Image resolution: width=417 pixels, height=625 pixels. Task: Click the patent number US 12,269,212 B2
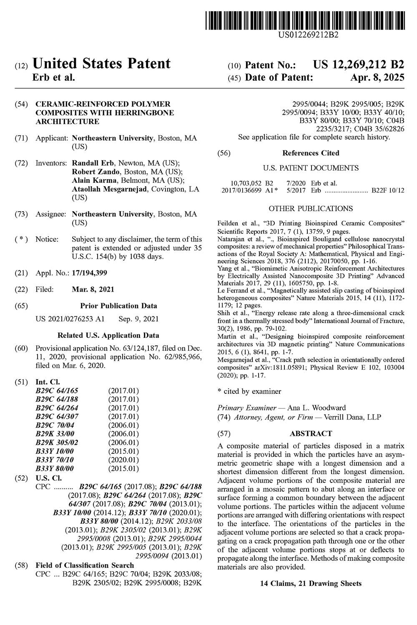359,65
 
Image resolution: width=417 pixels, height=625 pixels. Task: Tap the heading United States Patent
101,64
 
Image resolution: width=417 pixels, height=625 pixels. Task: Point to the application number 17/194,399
89,273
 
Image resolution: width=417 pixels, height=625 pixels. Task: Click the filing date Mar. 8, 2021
93,289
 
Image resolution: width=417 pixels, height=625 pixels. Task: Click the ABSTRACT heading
311,434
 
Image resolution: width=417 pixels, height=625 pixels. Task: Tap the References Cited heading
311,153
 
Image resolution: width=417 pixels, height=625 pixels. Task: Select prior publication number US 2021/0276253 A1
70,319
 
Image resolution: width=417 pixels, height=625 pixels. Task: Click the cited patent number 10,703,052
246,183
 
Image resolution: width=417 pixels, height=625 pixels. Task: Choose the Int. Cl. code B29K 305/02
57,442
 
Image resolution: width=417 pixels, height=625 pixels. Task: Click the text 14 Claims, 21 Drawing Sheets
311,583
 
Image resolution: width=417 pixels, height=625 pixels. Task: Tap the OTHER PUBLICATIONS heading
311,208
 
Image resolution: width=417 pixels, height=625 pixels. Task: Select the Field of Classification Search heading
85,565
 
